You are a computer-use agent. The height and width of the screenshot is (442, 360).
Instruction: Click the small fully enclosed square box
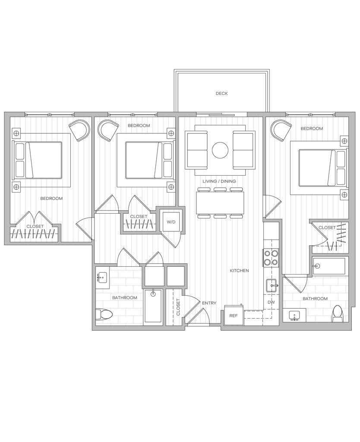175,275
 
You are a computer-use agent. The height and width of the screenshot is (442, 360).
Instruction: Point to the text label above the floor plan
222,93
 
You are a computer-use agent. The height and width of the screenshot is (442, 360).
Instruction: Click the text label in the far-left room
51,199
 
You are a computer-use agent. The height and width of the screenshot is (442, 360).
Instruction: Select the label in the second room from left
139,126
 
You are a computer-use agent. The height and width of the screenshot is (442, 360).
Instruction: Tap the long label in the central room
219,181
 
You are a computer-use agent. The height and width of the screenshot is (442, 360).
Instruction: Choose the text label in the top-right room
312,129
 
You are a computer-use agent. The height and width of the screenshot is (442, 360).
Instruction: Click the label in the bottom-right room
315,298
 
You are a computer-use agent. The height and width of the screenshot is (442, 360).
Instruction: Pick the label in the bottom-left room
125,297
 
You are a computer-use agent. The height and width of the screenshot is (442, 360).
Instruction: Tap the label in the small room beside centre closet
171,222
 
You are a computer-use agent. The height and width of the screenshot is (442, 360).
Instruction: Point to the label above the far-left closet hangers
35,226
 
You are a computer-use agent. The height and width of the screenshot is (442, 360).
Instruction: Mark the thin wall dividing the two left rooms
93,164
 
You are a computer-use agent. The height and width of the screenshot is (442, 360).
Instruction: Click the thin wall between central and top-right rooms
263,155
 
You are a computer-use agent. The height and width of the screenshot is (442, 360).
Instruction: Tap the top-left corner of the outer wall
7,114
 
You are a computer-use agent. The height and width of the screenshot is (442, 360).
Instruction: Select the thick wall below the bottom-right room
317,326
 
